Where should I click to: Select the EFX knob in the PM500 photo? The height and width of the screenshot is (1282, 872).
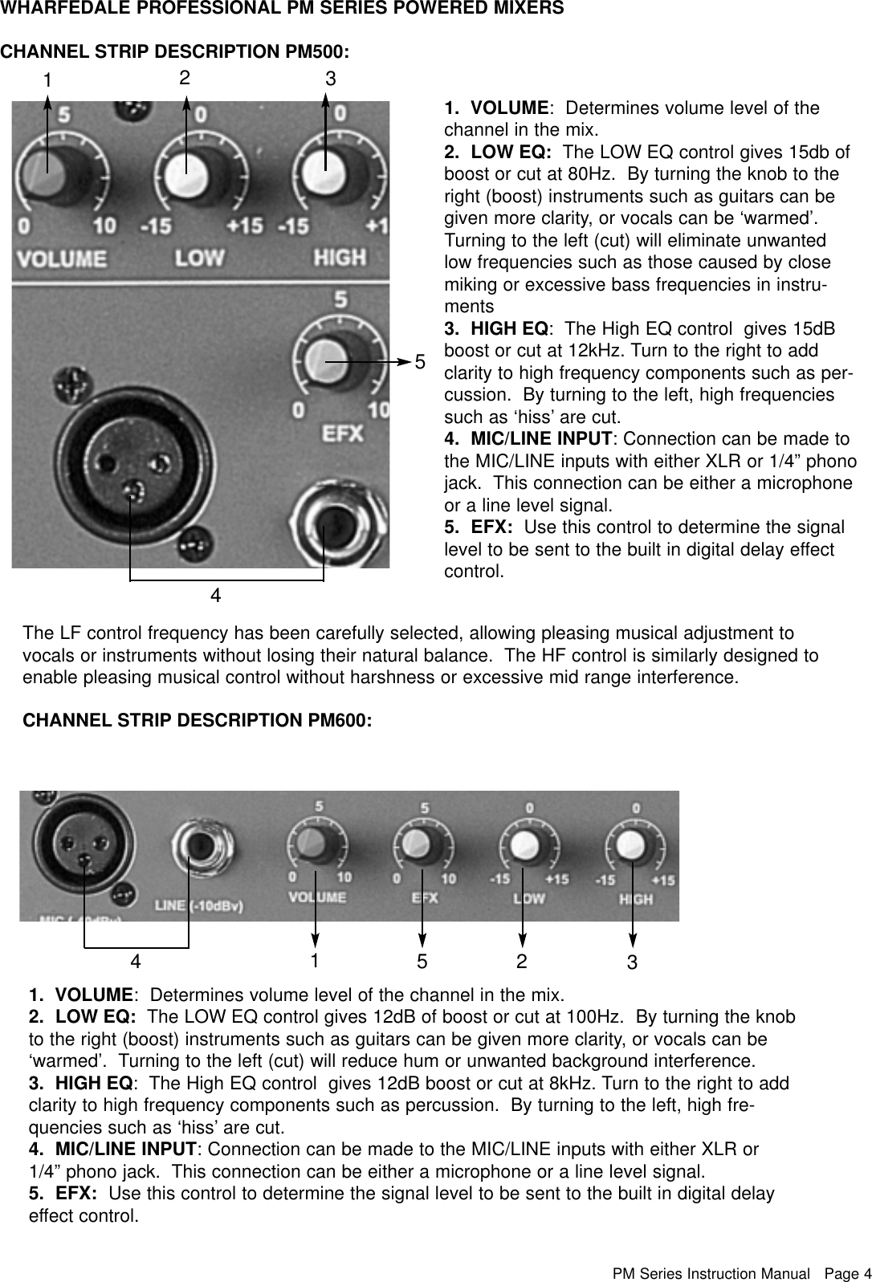(x=325, y=358)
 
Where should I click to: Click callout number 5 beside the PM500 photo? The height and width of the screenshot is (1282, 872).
(x=420, y=362)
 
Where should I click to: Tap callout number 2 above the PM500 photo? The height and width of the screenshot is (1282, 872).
(x=185, y=78)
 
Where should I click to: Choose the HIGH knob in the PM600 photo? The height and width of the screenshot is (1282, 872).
(x=632, y=845)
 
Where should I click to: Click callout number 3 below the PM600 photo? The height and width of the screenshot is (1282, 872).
(x=633, y=962)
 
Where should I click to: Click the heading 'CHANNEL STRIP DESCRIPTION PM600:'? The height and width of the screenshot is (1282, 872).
(x=198, y=720)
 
